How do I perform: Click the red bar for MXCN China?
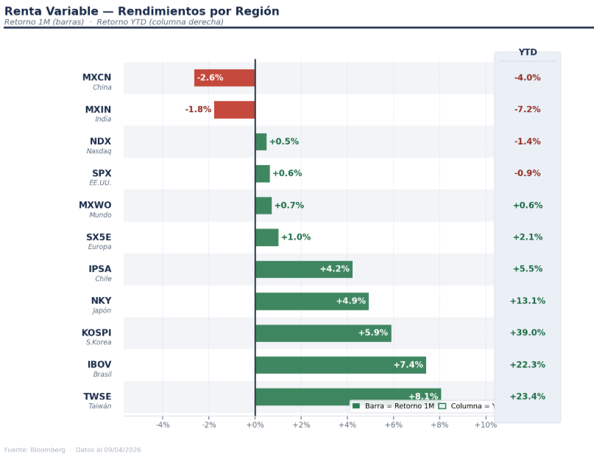(x=224, y=78)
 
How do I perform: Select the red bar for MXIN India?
(x=234, y=110)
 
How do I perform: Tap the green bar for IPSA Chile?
(x=303, y=269)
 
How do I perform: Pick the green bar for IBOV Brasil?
(x=340, y=365)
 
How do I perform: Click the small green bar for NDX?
(x=261, y=142)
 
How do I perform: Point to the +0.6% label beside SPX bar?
(x=287, y=174)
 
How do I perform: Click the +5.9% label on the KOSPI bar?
(x=372, y=333)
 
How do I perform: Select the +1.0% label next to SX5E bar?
(x=296, y=237)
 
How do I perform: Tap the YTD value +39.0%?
(x=527, y=333)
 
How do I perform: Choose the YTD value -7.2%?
(x=527, y=110)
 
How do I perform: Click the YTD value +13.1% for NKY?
(x=527, y=301)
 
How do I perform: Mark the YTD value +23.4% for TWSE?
(x=527, y=397)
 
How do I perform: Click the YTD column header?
(x=527, y=52)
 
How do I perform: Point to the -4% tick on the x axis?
(x=163, y=425)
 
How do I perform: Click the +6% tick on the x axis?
(x=393, y=425)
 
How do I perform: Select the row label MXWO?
(x=95, y=205)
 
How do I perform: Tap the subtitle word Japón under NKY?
(x=102, y=310)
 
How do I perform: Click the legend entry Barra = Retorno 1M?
(x=394, y=406)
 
